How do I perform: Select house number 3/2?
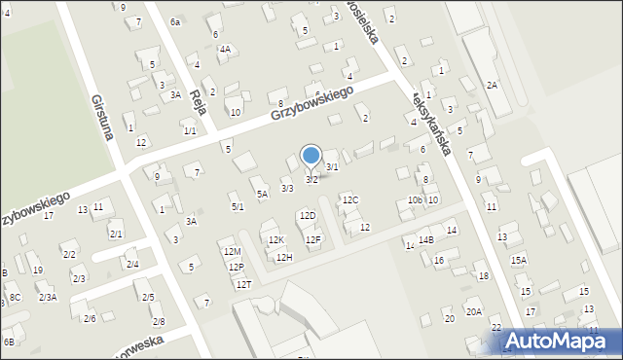tap(311, 179)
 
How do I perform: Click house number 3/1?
tap(332, 167)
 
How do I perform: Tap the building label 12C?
tap(349, 200)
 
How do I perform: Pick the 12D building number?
tap(308, 215)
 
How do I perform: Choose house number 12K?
tap(275, 239)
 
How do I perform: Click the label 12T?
tap(243, 284)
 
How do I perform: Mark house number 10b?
tap(415, 200)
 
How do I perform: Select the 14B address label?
tap(425, 239)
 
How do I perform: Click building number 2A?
tap(492, 86)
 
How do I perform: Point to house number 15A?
tap(519, 260)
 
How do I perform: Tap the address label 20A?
tap(473, 312)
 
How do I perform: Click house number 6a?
tap(175, 21)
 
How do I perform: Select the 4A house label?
tap(225, 49)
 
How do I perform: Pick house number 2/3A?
tap(48, 298)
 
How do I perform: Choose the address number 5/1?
tap(237, 206)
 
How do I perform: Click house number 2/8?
tap(159, 321)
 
